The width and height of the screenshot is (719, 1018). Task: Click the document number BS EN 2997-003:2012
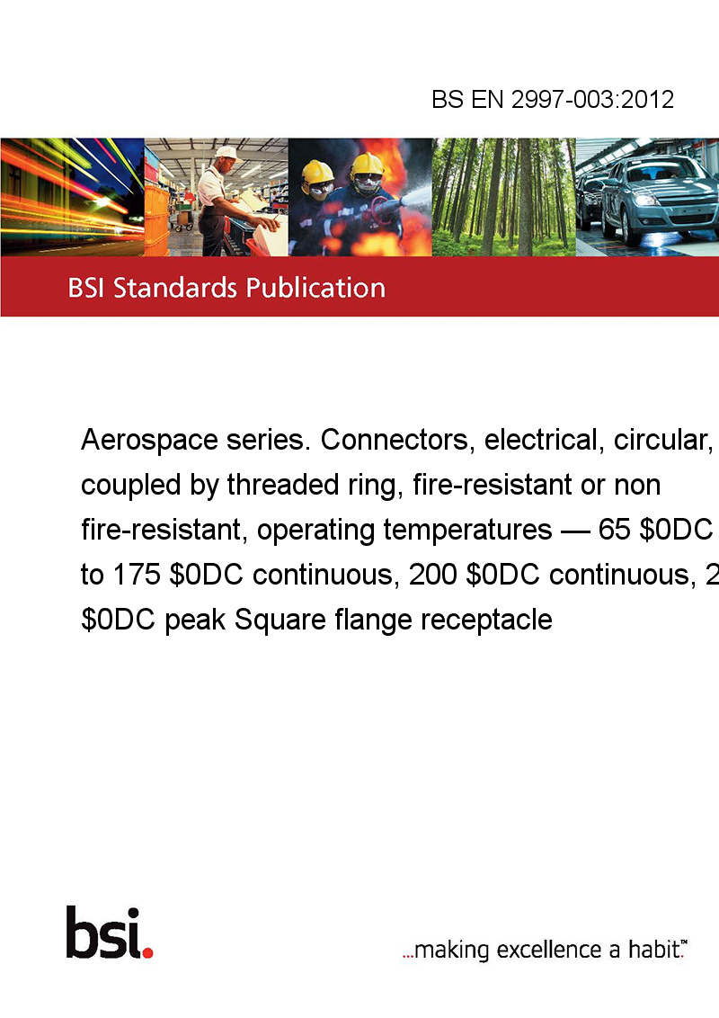point(553,99)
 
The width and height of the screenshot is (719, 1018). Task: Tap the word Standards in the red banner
point(173,288)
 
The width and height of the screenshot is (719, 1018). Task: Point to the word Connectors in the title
point(395,440)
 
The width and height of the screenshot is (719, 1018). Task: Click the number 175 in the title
point(137,575)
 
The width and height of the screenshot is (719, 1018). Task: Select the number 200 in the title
point(432,575)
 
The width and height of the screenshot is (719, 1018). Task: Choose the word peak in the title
point(195,620)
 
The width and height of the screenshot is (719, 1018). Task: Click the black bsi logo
point(104,933)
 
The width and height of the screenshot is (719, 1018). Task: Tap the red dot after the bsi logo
point(147,952)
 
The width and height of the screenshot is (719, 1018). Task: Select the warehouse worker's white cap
point(226,153)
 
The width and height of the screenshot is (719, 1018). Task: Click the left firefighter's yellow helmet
point(317,173)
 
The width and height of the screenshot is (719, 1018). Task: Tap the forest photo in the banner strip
point(503,197)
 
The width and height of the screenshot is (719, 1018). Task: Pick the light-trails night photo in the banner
point(72,197)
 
